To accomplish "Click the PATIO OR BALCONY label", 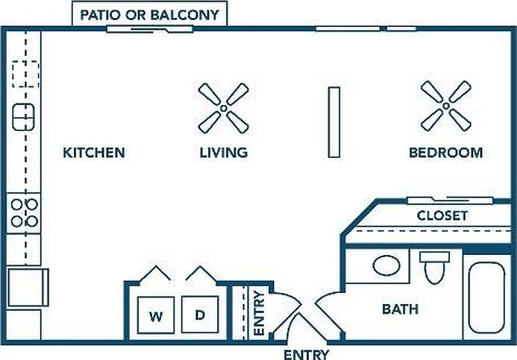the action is click(150, 15).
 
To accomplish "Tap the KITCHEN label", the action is click(94, 153).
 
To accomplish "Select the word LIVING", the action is click(224, 153).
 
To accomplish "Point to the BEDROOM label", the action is click(446, 153).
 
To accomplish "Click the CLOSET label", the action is click(442, 215).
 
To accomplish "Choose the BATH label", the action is click(401, 309).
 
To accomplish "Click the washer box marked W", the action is click(156, 315).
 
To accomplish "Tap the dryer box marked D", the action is click(200, 315).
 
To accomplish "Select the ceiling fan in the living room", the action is click(224, 108).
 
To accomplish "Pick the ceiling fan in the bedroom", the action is click(446, 106).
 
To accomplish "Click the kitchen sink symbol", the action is click(23, 117).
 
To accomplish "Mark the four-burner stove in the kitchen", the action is click(24, 213).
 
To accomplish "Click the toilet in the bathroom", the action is click(435, 268).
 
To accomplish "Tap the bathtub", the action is click(486, 297).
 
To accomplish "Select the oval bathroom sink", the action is click(386, 265).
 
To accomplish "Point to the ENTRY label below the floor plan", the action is click(307, 355).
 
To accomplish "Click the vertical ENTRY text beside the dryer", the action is click(260, 313).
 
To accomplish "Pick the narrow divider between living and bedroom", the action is click(334, 122).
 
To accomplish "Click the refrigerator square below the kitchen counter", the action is click(28, 288).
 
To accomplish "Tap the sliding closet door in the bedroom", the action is click(450, 200).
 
